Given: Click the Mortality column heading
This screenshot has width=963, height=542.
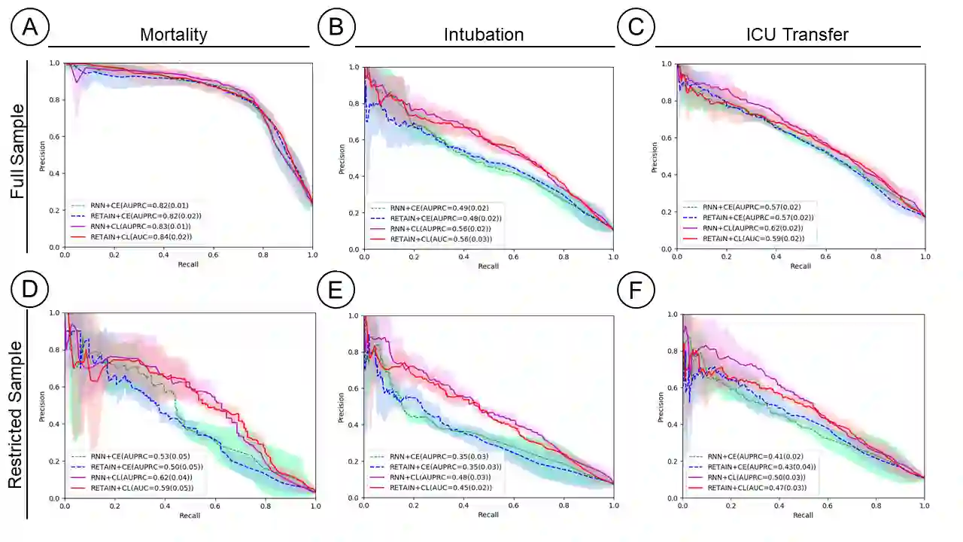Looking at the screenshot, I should [x=174, y=35].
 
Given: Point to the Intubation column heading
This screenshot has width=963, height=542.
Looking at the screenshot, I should [x=484, y=35].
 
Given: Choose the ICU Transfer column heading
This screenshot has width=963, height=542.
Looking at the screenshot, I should [x=787, y=35].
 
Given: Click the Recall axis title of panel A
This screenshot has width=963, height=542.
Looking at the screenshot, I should [x=189, y=265].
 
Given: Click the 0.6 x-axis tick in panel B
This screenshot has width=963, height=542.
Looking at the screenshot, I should [x=513, y=257].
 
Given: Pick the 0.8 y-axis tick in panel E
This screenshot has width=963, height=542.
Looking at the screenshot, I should [x=353, y=352].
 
